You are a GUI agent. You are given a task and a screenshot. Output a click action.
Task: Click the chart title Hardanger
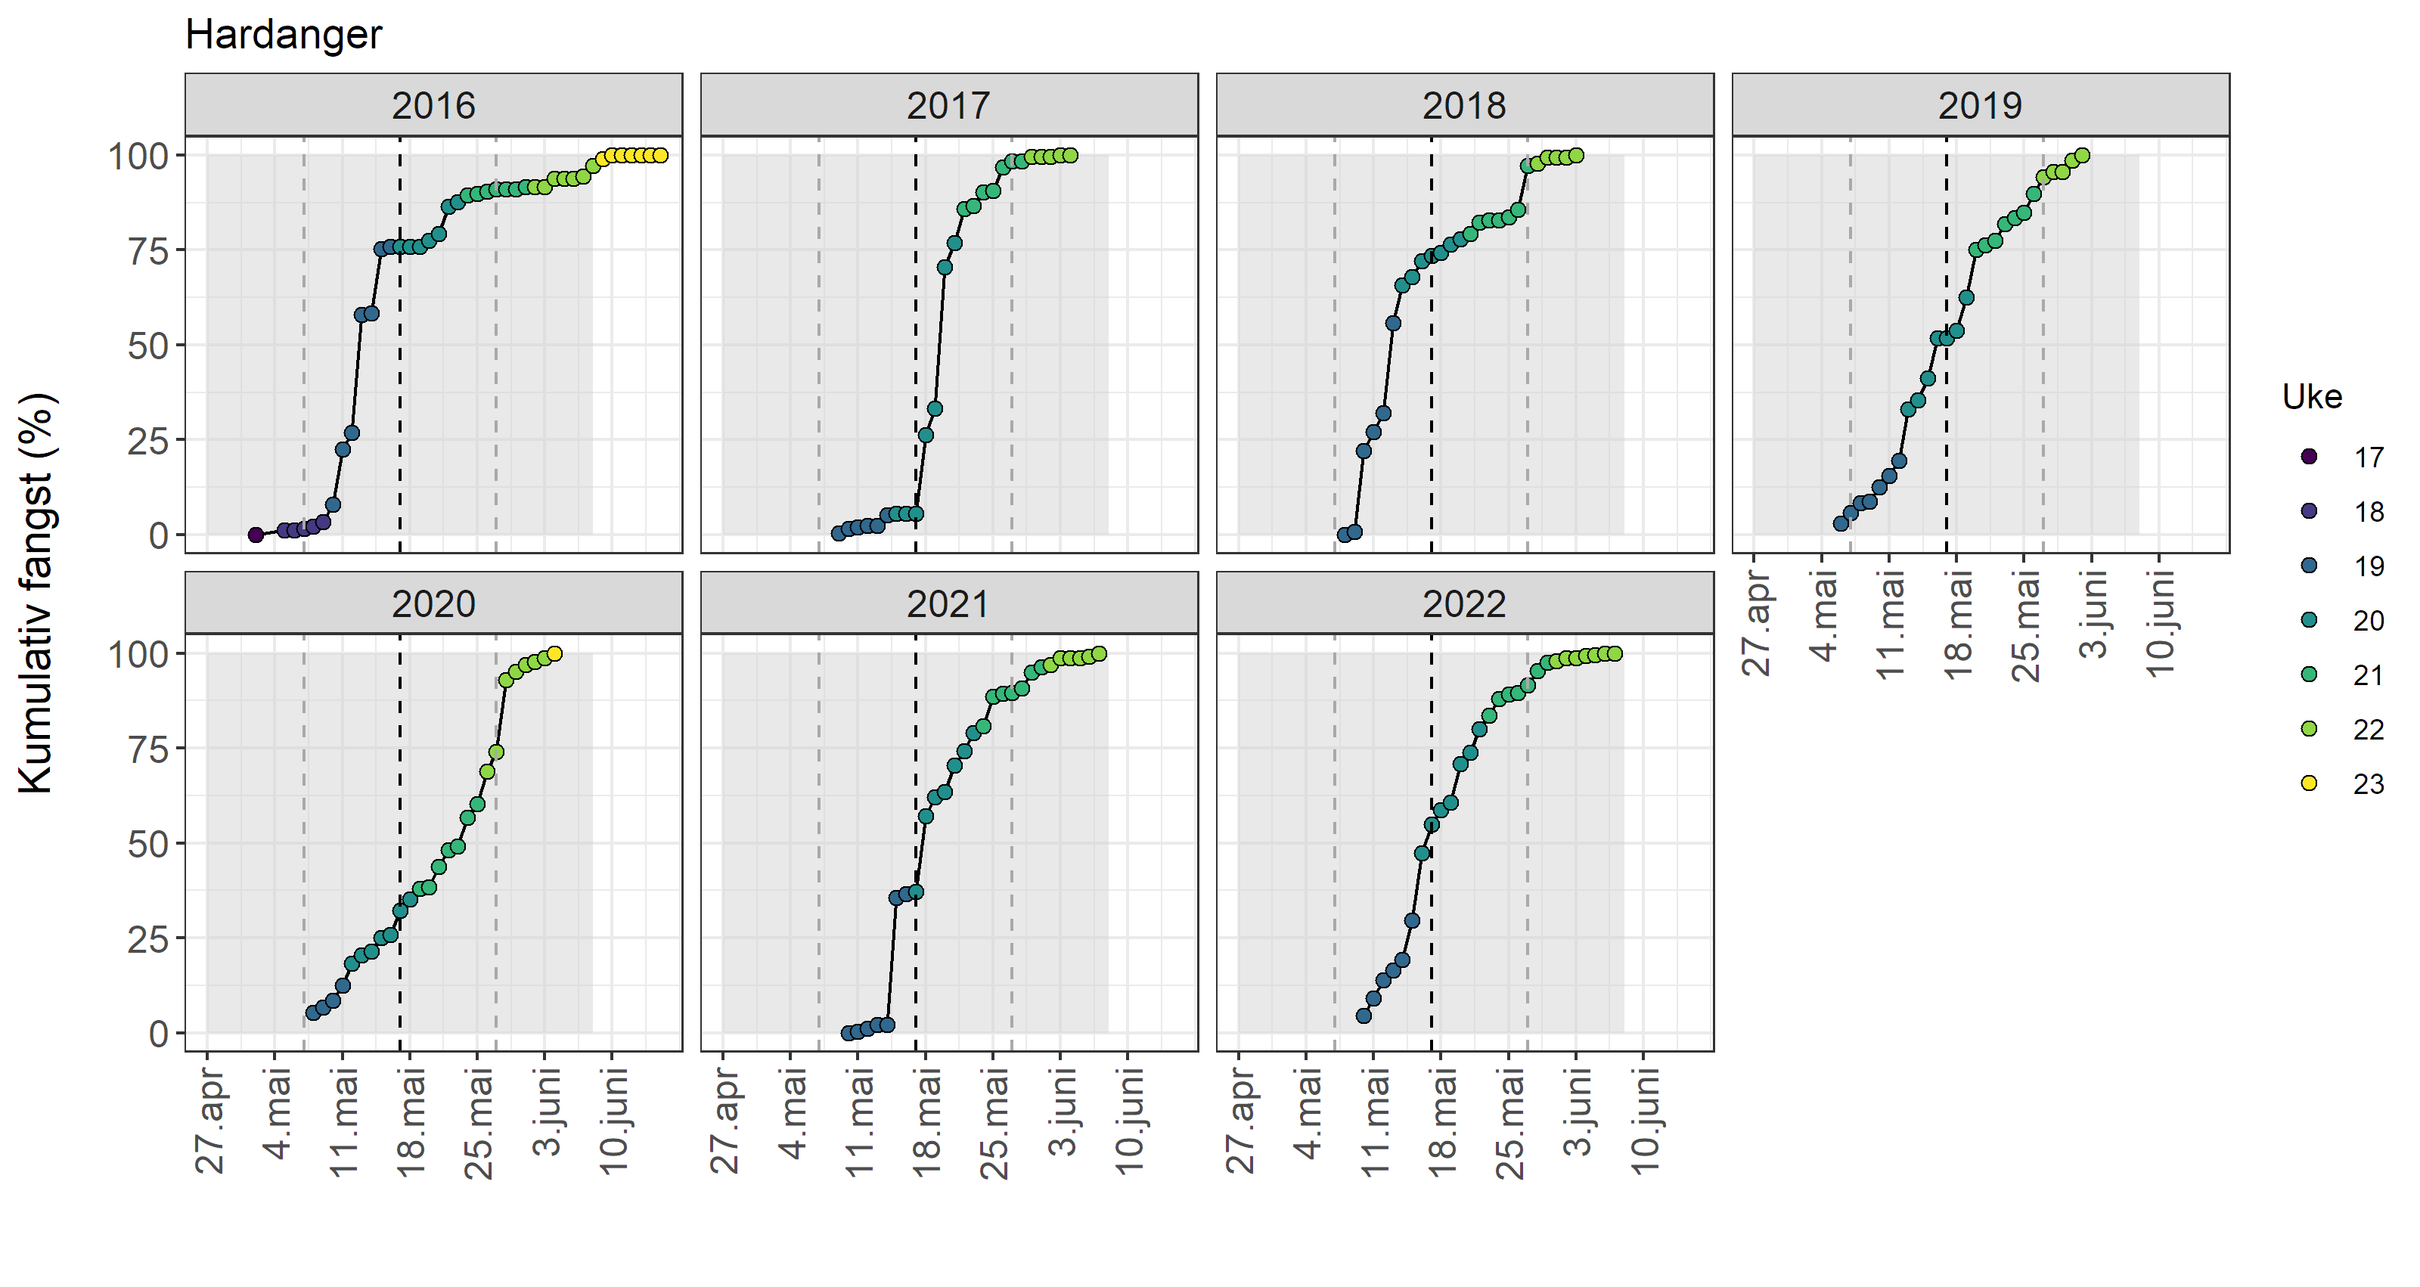[x=283, y=35]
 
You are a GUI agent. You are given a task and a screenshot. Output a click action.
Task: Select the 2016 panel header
[x=433, y=105]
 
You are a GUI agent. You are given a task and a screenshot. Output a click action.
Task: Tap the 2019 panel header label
[x=1979, y=105]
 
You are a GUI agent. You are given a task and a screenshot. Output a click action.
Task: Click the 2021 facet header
[x=948, y=603]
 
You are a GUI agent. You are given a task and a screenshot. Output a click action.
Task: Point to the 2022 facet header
[x=1463, y=603]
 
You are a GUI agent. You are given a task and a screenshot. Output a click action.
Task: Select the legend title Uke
[x=2312, y=398]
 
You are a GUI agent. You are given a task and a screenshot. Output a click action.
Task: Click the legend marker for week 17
[x=2309, y=457]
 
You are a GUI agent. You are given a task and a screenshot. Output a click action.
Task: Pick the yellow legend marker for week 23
[x=2309, y=783]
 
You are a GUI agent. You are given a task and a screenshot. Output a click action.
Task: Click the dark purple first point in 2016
[x=256, y=535]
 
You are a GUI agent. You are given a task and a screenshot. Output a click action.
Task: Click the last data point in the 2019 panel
[x=2083, y=156]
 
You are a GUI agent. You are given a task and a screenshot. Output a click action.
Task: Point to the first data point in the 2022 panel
[x=1363, y=1016]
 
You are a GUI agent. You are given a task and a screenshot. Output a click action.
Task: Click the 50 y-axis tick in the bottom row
[x=147, y=845]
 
